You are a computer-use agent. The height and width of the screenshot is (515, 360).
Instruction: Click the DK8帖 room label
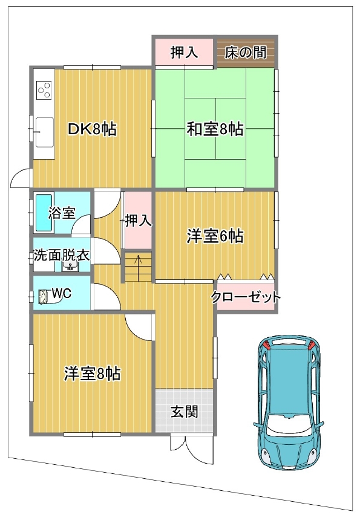[x=92, y=129]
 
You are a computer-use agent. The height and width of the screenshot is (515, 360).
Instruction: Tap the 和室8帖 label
[x=215, y=129]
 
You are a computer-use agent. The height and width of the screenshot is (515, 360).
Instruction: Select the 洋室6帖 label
[x=215, y=236]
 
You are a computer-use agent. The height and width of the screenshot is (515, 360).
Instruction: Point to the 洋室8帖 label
[x=92, y=374]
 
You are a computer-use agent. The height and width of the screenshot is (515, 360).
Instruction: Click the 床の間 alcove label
[x=246, y=53]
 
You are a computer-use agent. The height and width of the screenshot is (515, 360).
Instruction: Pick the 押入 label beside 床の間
[x=184, y=53]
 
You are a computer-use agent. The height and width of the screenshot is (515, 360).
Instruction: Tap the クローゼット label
[x=246, y=297]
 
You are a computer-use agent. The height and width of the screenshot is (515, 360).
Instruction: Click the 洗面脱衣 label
[x=61, y=254]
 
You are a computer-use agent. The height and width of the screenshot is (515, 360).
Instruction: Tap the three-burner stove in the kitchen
[x=44, y=90]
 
